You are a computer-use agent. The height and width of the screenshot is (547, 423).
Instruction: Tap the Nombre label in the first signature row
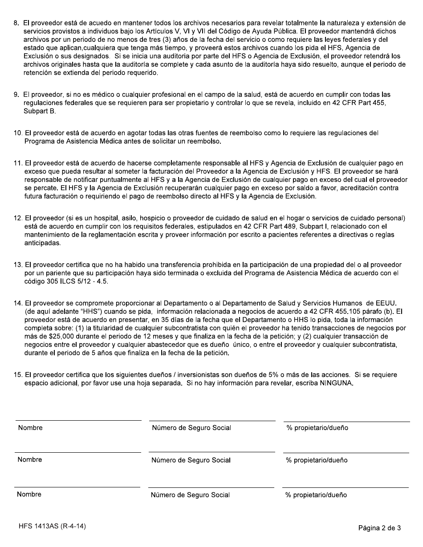(x=30, y=428)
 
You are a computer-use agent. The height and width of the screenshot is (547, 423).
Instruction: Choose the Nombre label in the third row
(x=29, y=495)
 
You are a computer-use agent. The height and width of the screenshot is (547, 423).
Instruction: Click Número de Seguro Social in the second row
(x=191, y=460)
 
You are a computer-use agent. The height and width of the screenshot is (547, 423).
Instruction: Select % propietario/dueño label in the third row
(x=316, y=495)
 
